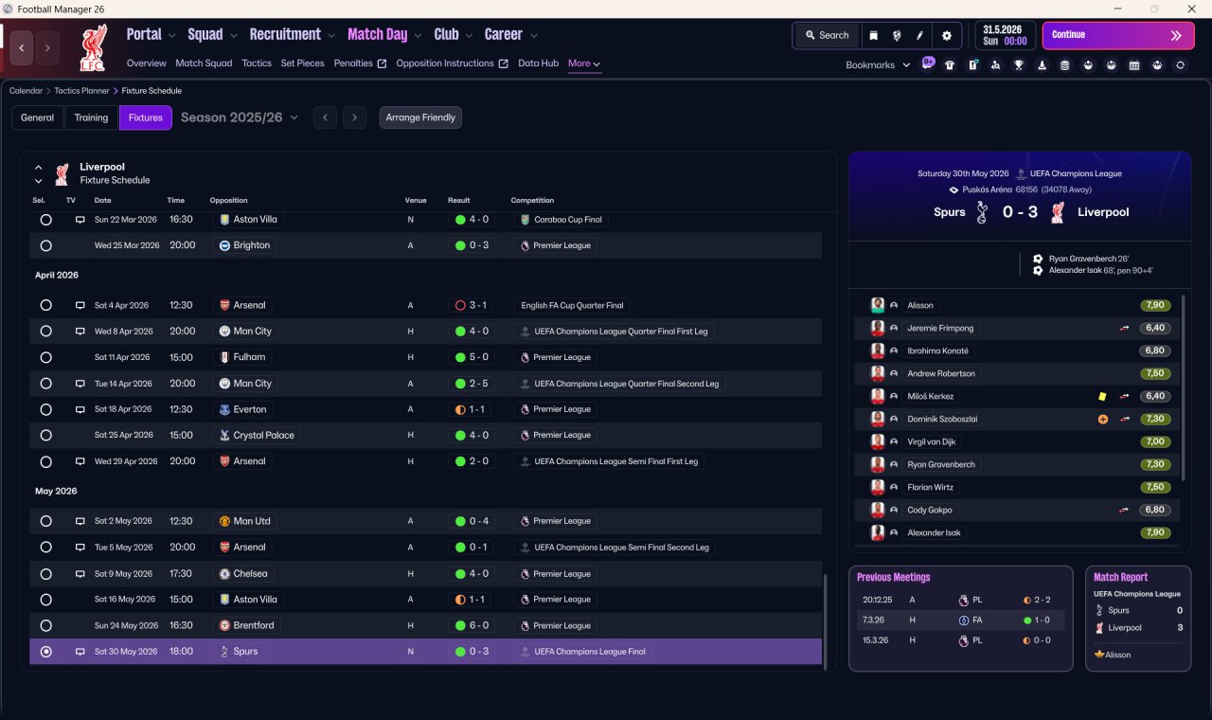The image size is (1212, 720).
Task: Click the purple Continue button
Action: tap(1118, 35)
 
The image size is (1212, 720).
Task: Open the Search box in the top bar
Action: tap(828, 35)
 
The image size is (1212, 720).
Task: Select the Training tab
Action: tap(91, 117)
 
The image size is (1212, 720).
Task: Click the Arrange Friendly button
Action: tap(420, 117)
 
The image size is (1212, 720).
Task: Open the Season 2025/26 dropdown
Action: tap(240, 117)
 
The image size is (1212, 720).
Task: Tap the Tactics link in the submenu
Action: tap(257, 63)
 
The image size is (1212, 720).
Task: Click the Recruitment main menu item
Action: tap(285, 35)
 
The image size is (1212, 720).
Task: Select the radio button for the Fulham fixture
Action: tap(46, 357)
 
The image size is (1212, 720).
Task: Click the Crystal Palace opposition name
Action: tap(263, 435)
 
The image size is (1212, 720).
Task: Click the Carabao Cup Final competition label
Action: tap(567, 220)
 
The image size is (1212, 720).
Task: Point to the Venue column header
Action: tap(416, 200)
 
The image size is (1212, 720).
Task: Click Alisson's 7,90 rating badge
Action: tap(1155, 305)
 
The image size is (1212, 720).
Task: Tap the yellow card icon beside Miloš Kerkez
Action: tap(1102, 396)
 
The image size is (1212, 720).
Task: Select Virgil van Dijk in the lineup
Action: tap(931, 441)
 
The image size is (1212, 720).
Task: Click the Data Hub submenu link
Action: tap(539, 63)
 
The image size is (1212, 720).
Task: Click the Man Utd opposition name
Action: tap(252, 521)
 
